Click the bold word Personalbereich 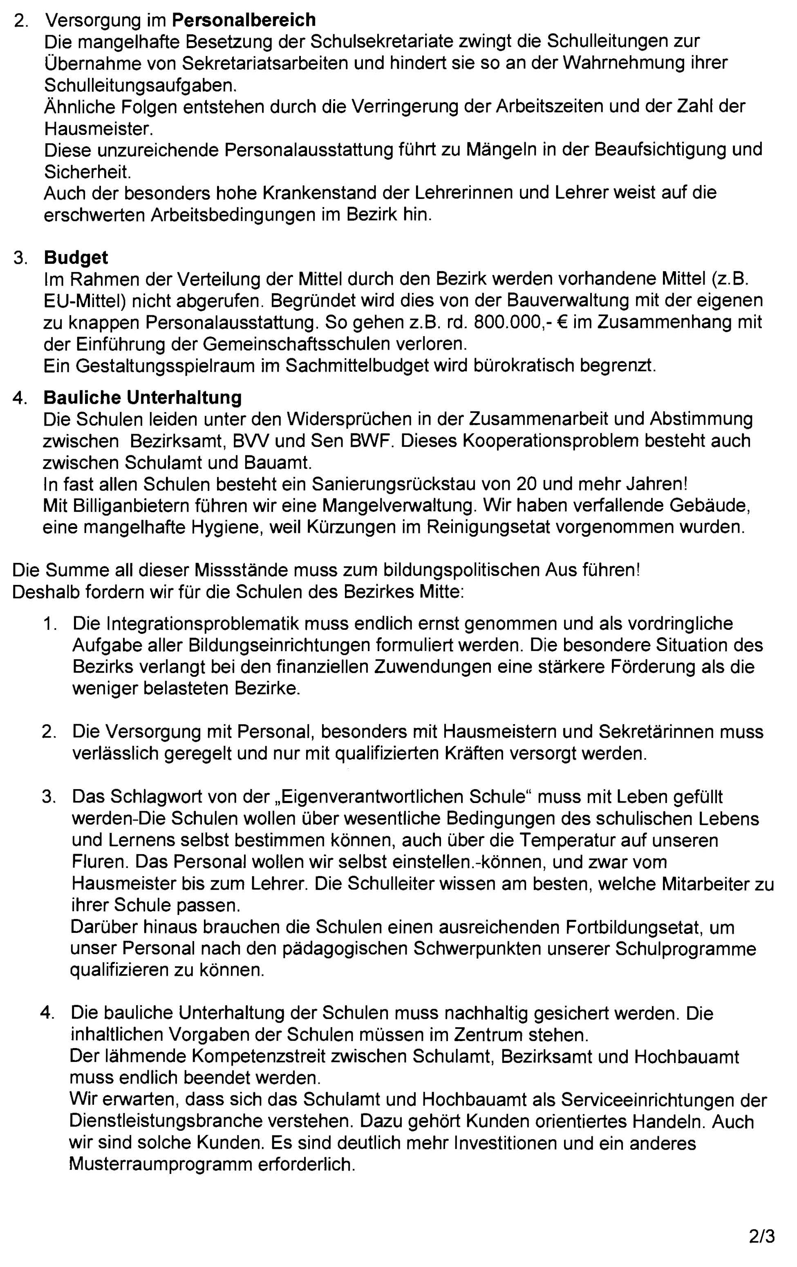tap(244, 20)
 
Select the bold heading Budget tap(76, 257)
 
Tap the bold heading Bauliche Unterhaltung tap(143, 397)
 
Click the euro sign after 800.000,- tap(561, 322)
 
